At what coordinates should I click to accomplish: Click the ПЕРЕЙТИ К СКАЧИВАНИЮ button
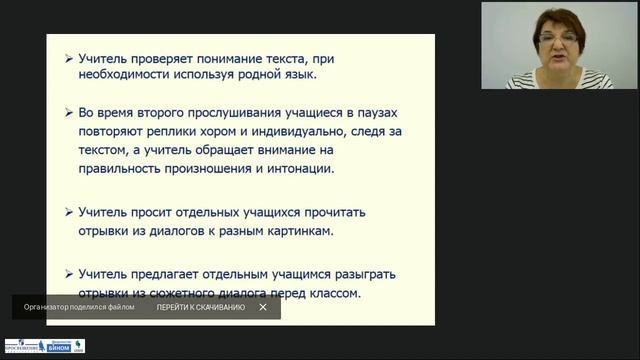200,307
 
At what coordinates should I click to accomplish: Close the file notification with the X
263,307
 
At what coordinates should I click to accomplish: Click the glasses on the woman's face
553,38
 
